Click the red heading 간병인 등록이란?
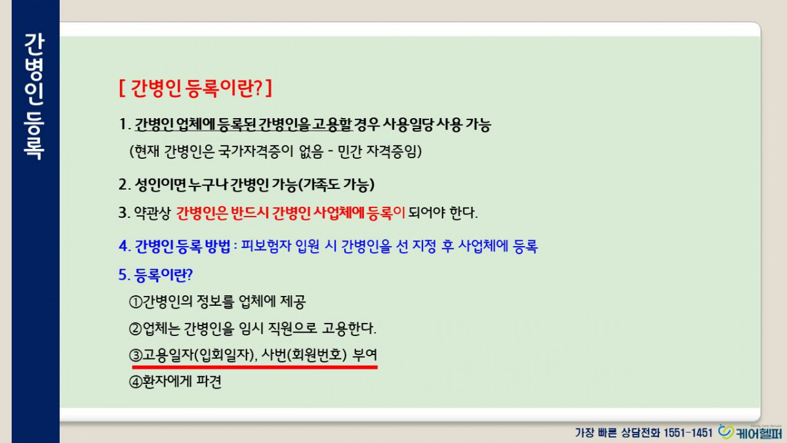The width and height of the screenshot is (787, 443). tap(195, 88)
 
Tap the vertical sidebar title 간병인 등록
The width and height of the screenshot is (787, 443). tap(34, 96)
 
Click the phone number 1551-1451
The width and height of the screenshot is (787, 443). tap(688, 432)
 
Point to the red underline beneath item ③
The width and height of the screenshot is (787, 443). tap(254, 367)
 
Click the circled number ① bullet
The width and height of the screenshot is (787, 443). tap(135, 302)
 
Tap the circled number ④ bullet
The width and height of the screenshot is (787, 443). tap(135, 382)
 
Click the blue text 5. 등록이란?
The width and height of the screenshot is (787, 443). tap(155, 275)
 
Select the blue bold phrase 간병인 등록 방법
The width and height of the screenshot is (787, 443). tap(183, 246)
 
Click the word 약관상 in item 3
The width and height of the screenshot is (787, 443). tap(152, 213)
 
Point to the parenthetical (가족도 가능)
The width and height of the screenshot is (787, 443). tap(336, 184)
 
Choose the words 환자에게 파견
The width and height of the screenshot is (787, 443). tap(182, 382)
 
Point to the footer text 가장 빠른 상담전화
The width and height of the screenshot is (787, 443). tap(618, 432)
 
